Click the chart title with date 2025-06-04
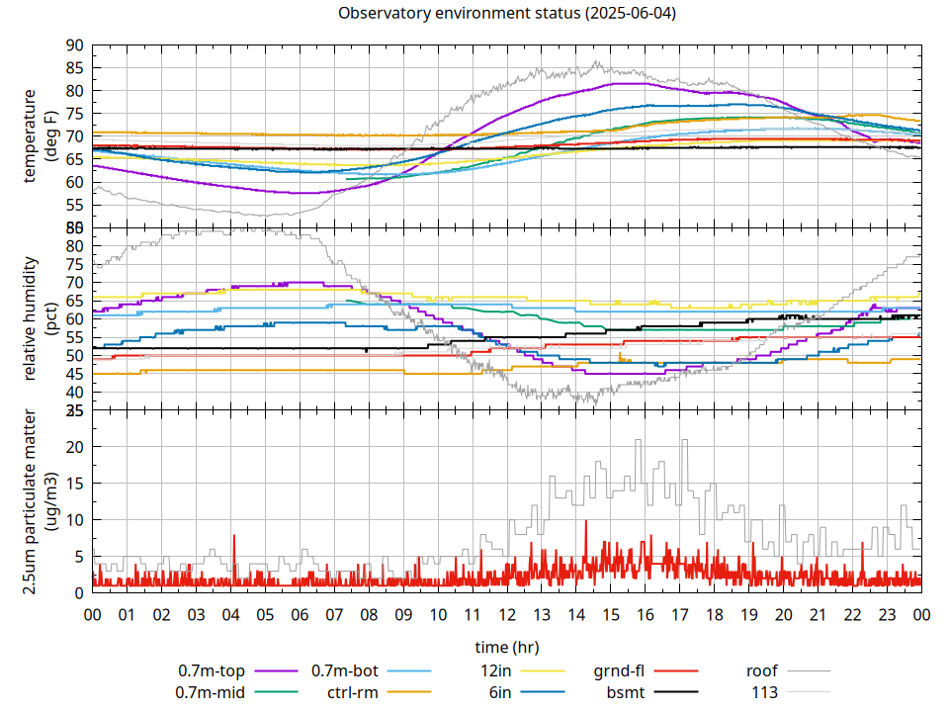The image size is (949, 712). (x=507, y=14)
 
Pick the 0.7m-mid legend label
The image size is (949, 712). (x=211, y=692)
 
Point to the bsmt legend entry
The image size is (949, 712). (x=626, y=692)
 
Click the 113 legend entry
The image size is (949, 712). (x=764, y=692)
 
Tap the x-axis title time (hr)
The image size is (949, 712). (x=507, y=647)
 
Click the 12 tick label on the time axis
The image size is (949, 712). (x=507, y=614)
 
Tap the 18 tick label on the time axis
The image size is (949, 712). (x=714, y=614)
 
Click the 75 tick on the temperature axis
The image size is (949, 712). (x=75, y=114)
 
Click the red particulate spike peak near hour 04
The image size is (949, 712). (x=234, y=536)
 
